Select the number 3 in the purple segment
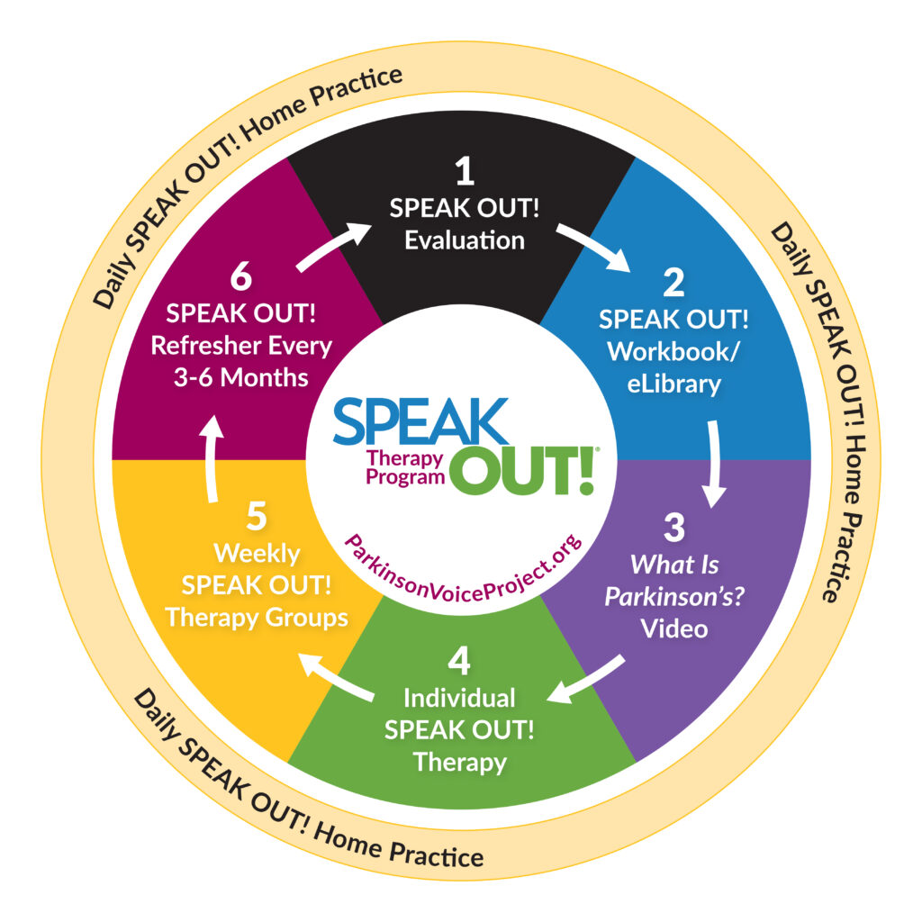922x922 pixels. coord(674,528)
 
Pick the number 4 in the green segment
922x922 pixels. coord(459,662)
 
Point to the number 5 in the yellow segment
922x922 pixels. coord(256,516)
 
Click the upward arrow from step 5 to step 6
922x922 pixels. coord(211,461)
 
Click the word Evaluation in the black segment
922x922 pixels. coord(465,240)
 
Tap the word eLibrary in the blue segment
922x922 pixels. coord(674,384)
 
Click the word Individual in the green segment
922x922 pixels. coord(459,698)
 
